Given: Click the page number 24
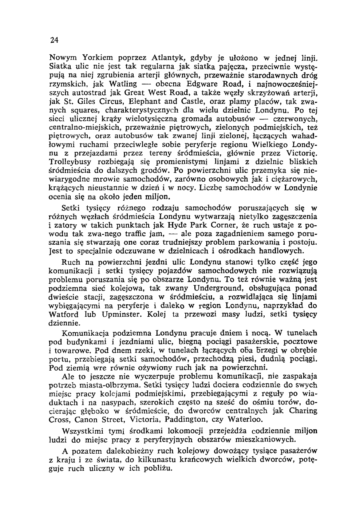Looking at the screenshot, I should point(55,40).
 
